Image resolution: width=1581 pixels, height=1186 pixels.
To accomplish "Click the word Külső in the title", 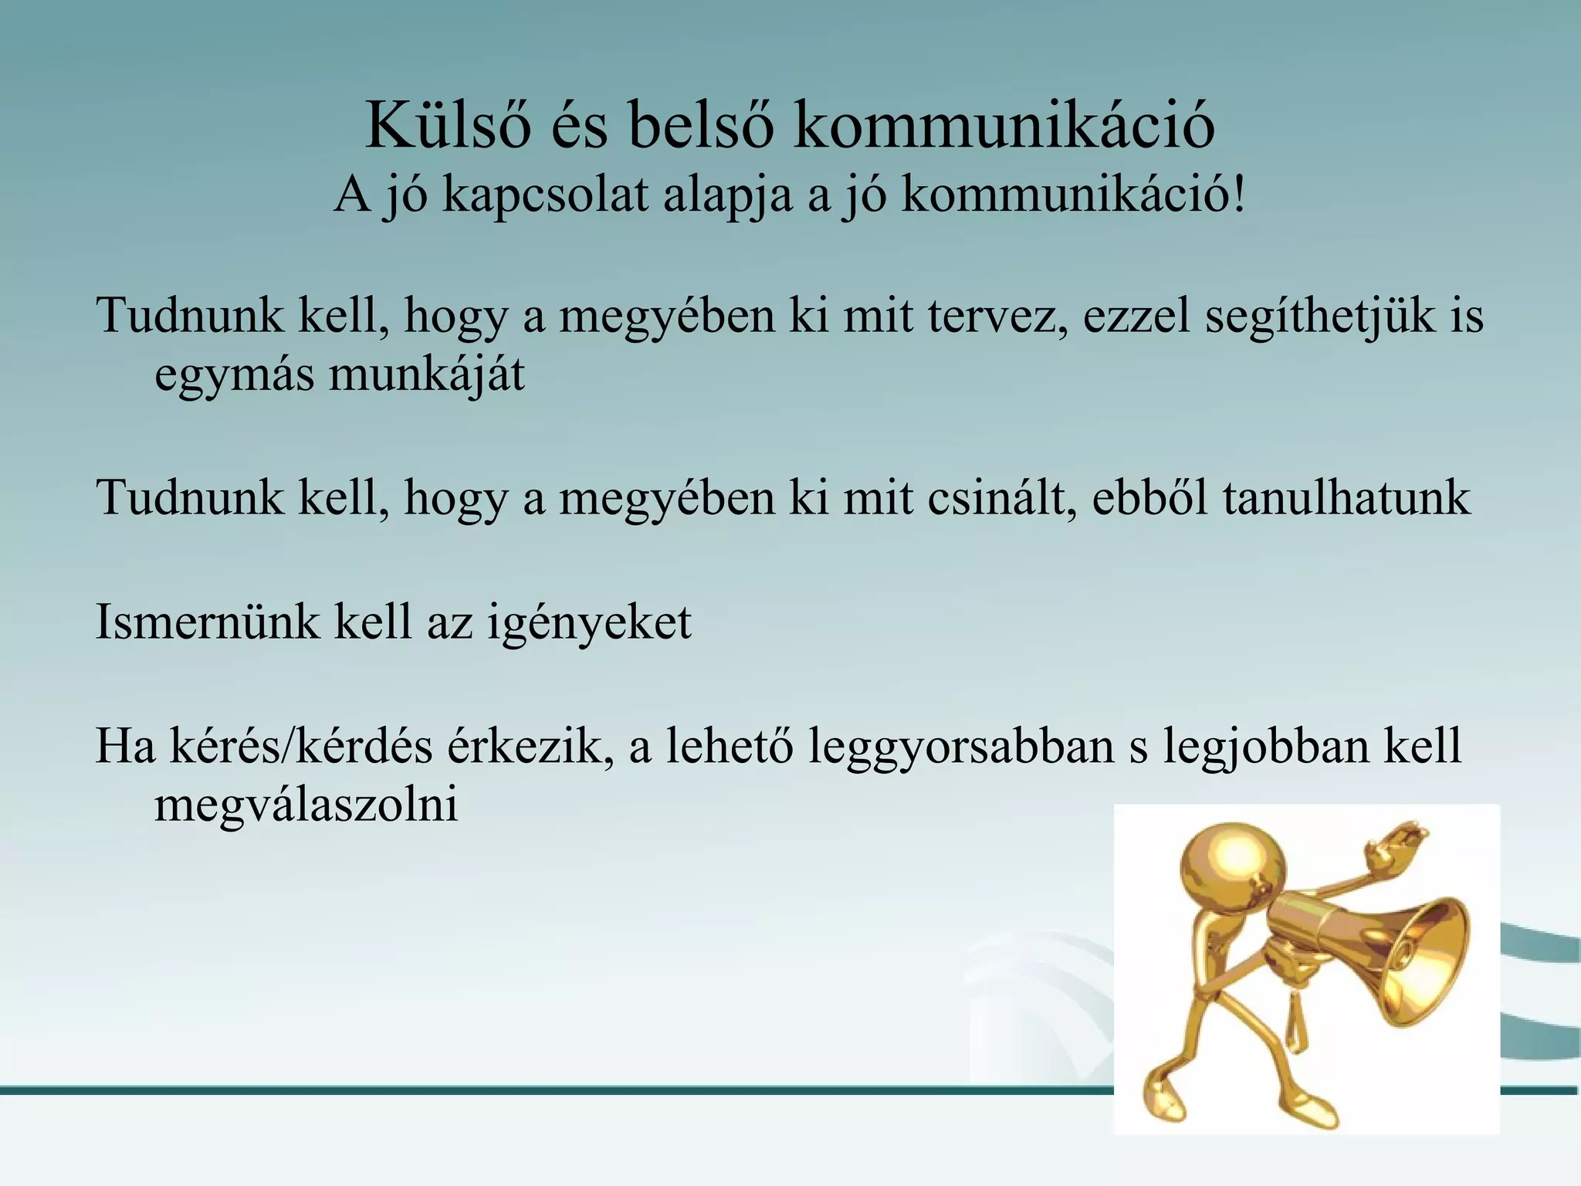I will [x=448, y=125].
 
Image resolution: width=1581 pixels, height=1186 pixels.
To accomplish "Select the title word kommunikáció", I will [x=1004, y=125].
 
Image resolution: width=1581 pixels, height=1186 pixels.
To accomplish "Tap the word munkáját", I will [x=426, y=375].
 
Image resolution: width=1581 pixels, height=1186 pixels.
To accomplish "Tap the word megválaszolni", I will [x=306, y=805].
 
